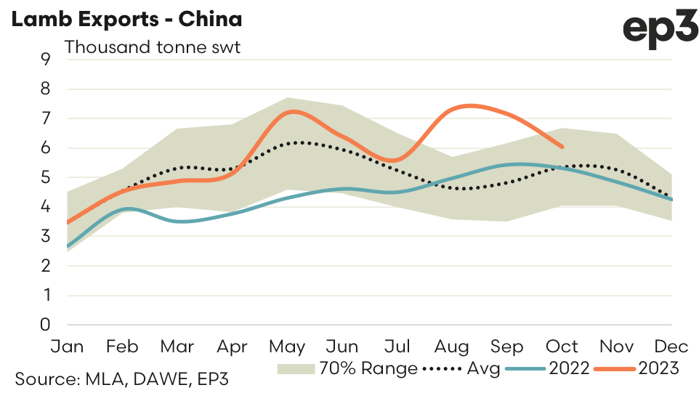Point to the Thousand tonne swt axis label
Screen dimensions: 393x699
(x=153, y=48)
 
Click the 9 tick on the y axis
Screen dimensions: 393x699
(x=46, y=59)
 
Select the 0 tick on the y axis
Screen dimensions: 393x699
(x=46, y=325)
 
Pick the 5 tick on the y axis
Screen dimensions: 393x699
(x=46, y=177)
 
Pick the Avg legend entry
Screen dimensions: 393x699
(x=461, y=368)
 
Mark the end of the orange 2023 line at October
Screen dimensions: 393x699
(x=562, y=147)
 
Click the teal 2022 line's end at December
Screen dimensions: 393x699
(x=671, y=200)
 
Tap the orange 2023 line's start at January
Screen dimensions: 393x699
(x=68, y=222)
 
